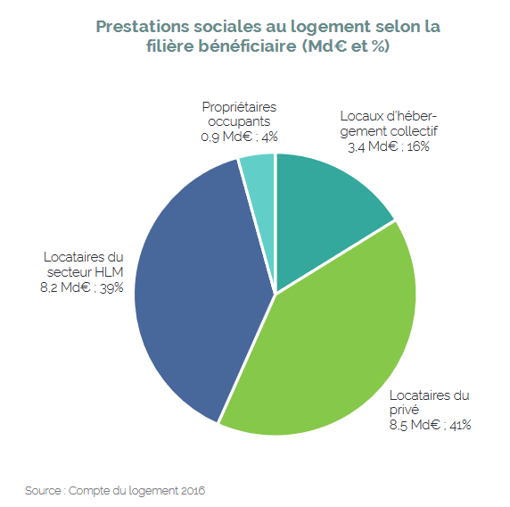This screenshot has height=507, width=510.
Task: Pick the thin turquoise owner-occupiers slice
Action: coord(258,179)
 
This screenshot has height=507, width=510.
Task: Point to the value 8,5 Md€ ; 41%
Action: coord(429,425)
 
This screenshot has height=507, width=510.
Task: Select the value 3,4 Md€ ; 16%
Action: coord(385,146)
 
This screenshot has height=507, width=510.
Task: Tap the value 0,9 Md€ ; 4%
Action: coord(239,137)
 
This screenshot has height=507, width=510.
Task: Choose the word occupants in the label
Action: coord(240,121)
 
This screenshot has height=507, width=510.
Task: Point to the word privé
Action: coord(404,410)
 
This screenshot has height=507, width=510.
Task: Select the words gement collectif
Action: coord(390,131)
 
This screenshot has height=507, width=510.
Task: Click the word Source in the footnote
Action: coord(41,490)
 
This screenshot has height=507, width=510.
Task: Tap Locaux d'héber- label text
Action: coord(390,116)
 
